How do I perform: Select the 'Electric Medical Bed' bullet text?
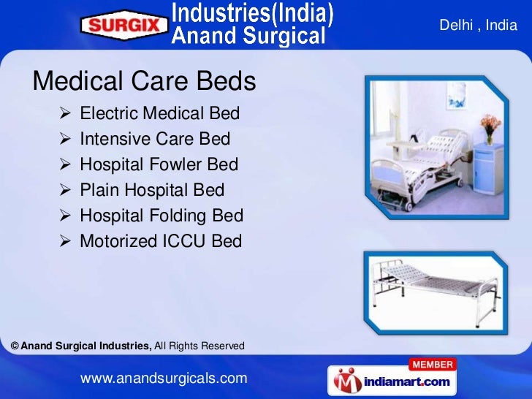coord(159,114)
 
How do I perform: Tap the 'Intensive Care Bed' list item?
coord(155,139)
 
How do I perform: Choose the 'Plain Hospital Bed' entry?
coord(152,190)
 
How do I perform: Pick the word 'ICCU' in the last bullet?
coord(189,241)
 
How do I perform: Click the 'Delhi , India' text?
coord(478,26)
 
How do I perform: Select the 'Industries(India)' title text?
coord(252,13)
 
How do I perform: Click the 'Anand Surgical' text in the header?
coord(248,35)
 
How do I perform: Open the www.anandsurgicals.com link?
coord(164,378)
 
